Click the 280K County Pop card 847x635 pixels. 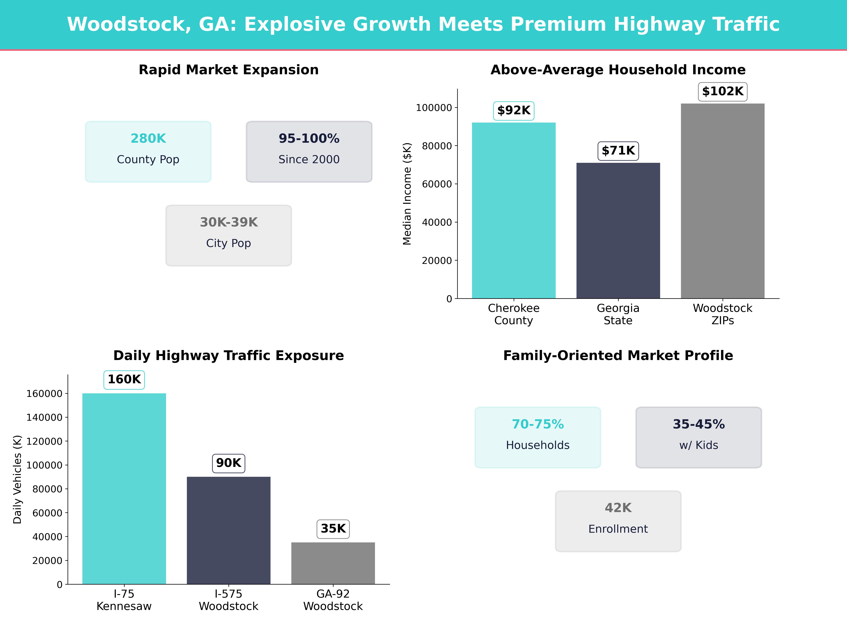point(148,152)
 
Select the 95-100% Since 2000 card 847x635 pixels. point(309,152)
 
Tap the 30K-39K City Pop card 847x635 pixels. point(229,235)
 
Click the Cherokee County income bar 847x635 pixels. point(513,210)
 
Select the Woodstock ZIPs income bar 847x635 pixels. point(723,201)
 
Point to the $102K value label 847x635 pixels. point(723,92)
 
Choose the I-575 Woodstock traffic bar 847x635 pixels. point(229,530)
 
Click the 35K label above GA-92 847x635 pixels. point(333,529)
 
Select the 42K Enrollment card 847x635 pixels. point(618,521)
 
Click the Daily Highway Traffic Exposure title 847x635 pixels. point(229,356)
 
